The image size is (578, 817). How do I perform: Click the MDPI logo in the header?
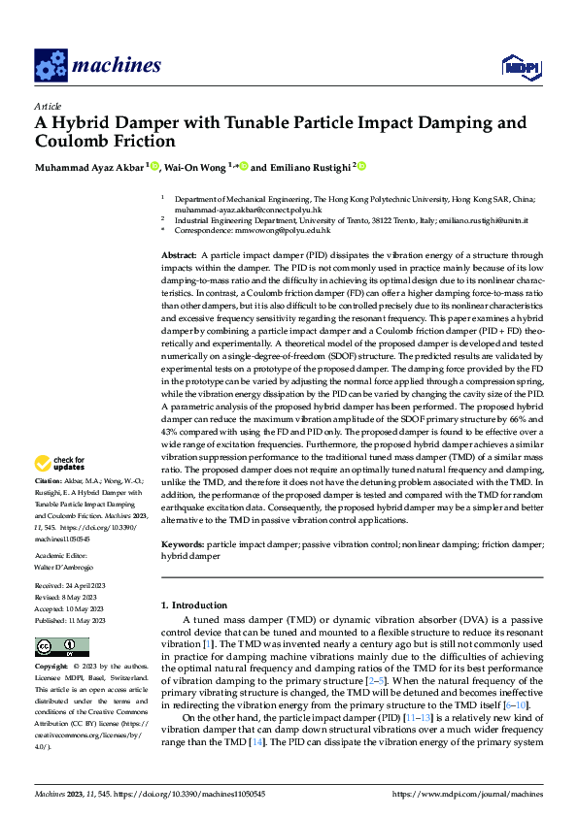(x=519, y=66)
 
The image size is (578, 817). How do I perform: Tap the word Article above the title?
(x=48, y=106)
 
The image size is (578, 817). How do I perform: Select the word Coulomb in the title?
(x=73, y=142)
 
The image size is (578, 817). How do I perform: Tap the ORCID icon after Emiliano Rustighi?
(x=361, y=166)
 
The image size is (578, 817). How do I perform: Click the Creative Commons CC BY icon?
(x=56, y=647)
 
